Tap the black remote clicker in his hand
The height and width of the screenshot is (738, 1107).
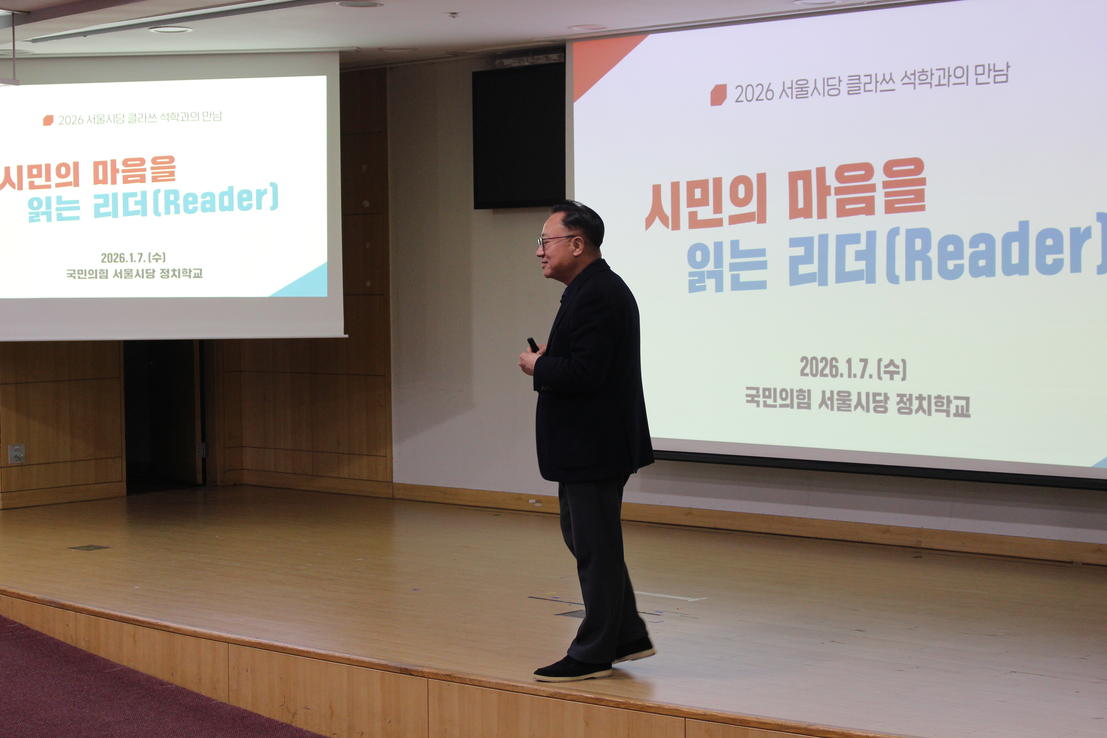(x=533, y=344)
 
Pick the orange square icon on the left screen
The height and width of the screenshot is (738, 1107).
(x=48, y=120)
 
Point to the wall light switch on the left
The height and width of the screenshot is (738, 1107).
(x=16, y=453)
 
